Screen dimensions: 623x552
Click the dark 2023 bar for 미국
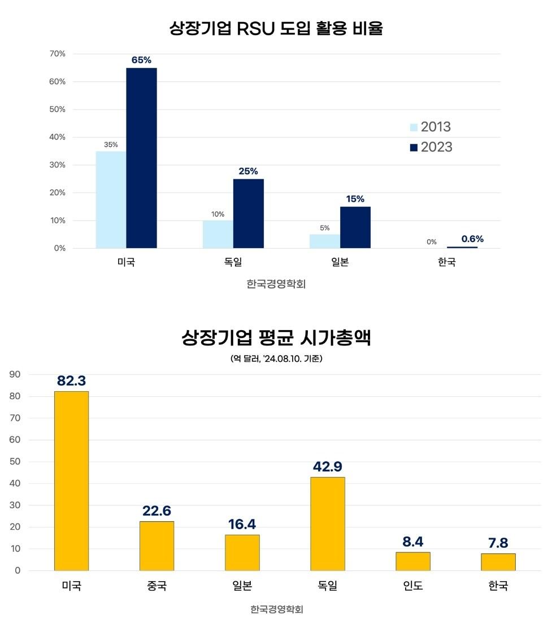click(x=141, y=158)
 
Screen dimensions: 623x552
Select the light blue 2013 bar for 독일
click(x=218, y=234)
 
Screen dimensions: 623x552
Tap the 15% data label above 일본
click(x=355, y=199)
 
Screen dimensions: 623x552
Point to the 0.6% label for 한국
click(x=472, y=239)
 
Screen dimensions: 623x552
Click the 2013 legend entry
click(x=430, y=127)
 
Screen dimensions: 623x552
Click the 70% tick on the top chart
click(x=58, y=54)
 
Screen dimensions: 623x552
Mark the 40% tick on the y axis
click(x=58, y=137)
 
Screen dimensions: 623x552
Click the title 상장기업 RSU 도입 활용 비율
click(x=276, y=28)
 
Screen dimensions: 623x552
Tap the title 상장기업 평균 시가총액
click(x=276, y=338)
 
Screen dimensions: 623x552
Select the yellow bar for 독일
click(x=328, y=524)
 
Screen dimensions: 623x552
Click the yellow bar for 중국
click(x=157, y=546)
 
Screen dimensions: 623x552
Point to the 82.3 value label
click(x=72, y=380)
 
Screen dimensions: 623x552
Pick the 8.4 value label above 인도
click(x=413, y=542)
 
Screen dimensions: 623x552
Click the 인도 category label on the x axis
click(x=413, y=586)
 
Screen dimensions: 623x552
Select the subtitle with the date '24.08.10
click(x=276, y=359)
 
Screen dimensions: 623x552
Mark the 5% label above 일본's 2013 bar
click(x=325, y=228)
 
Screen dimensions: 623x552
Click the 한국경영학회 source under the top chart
click(x=276, y=284)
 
